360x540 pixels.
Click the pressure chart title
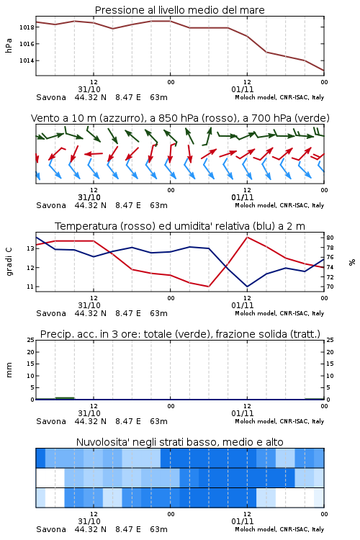tap(179, 10)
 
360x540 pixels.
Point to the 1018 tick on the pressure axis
tap(27, 27)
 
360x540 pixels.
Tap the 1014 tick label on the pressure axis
tap(27, 60)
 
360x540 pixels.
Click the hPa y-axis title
tap(9, 45)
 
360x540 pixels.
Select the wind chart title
tap(180, 118)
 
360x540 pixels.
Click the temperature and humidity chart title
tap(180, 226)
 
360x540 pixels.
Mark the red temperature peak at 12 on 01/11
tap(247, 238)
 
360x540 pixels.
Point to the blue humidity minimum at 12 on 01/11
tap(247, 286)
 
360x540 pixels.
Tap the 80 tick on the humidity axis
tap(330, 238)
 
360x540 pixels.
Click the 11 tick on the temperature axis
tap(30, 287)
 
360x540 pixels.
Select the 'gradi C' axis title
tap(9, 262)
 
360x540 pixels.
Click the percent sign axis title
tap(352, 262)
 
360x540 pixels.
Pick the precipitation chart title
tap(180, 334)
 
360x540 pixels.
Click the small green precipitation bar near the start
tap(65, 398)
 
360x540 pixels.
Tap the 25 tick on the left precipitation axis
tap(31, 340)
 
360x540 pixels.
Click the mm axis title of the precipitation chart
tap(9, 370)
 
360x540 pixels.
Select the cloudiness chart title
tap(180, 442)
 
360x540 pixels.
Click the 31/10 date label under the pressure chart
tap(89, 89)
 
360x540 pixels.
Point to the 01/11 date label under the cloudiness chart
tap(243, 521)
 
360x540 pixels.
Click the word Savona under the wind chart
tap(51, 205)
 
